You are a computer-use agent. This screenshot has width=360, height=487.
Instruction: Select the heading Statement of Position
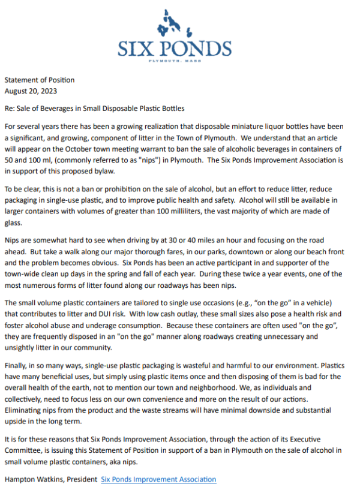pos(39,80)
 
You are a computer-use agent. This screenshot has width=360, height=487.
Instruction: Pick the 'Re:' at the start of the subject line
pos(10,109)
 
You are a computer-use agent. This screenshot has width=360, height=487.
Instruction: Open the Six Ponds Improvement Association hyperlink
pos(158,479)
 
